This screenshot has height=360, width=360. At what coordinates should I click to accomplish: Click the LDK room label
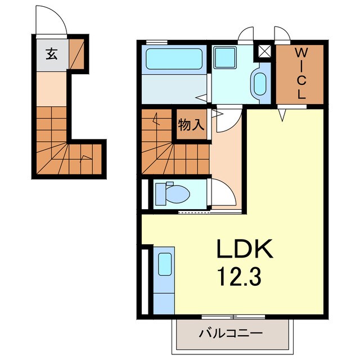tap(245, 249)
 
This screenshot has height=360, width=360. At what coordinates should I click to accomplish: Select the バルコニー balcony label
tap(230, 334)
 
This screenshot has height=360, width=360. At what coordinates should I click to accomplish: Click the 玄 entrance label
tap(52, 55)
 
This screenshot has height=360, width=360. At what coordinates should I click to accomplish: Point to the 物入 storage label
tap(191, 125)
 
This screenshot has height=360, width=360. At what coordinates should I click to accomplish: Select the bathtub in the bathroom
tap(174, 58)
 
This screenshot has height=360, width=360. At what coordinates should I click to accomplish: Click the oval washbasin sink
tap(260, 84)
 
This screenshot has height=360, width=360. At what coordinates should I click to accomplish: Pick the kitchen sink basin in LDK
tap(165, 264)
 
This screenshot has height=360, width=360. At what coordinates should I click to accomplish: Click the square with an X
tap(265, 51)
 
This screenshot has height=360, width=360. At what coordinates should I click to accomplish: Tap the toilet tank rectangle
tap(160, 194)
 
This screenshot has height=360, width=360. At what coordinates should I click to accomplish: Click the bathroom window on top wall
tap(157, 42)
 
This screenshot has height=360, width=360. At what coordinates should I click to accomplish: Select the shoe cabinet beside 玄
tap(76, 54)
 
